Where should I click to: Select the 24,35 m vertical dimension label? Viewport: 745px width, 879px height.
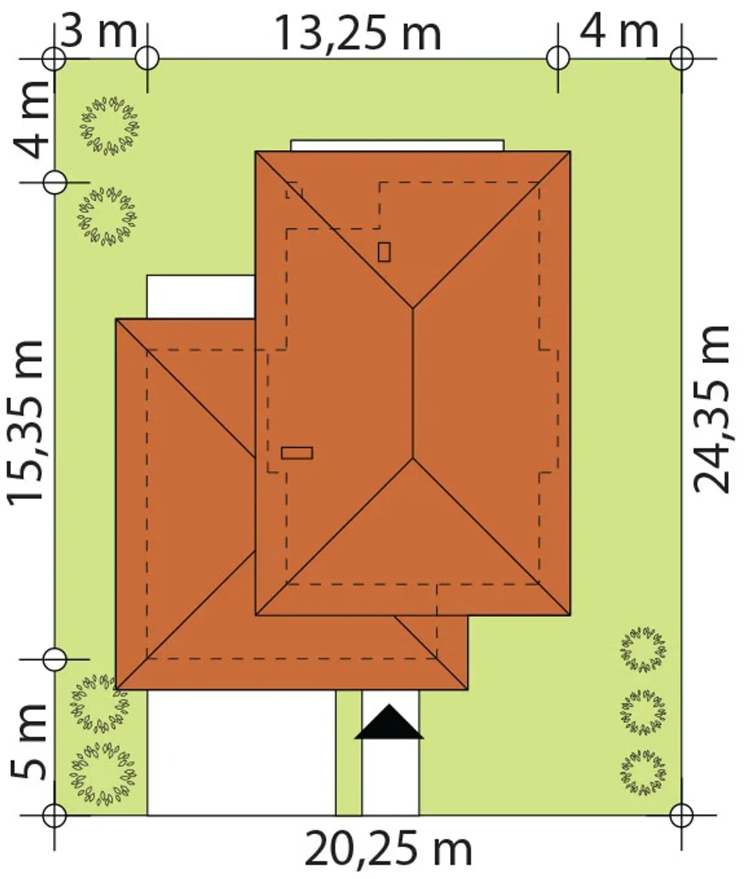coord(711,410)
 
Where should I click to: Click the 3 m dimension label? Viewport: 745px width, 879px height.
coord(99,31)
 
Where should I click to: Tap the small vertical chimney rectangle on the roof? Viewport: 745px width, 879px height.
coord(384,252)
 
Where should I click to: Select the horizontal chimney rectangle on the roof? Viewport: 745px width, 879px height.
coord(297,453)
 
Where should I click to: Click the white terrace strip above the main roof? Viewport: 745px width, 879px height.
coord(398,145)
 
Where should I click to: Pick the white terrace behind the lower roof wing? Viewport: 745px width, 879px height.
coord(201,296)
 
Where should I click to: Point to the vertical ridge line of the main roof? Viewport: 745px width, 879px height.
coord(413,383)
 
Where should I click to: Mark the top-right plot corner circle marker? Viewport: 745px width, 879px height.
coord(681,58)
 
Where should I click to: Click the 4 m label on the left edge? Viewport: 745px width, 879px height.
coord(30,121)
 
